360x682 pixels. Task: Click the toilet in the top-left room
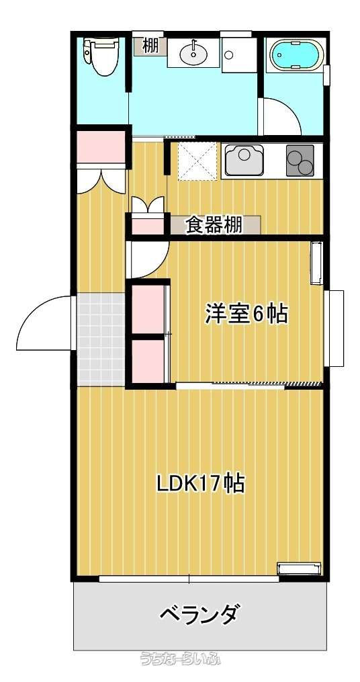(x=100, y=57)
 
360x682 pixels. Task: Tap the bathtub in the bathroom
(x=297, y=54)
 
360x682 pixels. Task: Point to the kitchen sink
(x=244, y=160)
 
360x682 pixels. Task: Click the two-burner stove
(x=300, y=161)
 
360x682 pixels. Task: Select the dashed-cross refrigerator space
(x=197, y=161)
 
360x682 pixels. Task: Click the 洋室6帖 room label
(x=246, y=314)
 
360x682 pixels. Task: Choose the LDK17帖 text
(x=201, y=483)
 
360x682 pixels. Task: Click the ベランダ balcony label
(x=199, y=614)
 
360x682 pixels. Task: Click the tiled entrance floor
(x=101, y=339)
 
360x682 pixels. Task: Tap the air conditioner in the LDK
(x=299, y=568)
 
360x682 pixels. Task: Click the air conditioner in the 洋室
(x=316, y=263)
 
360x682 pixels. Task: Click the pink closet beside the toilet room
(x=101, y=147)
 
